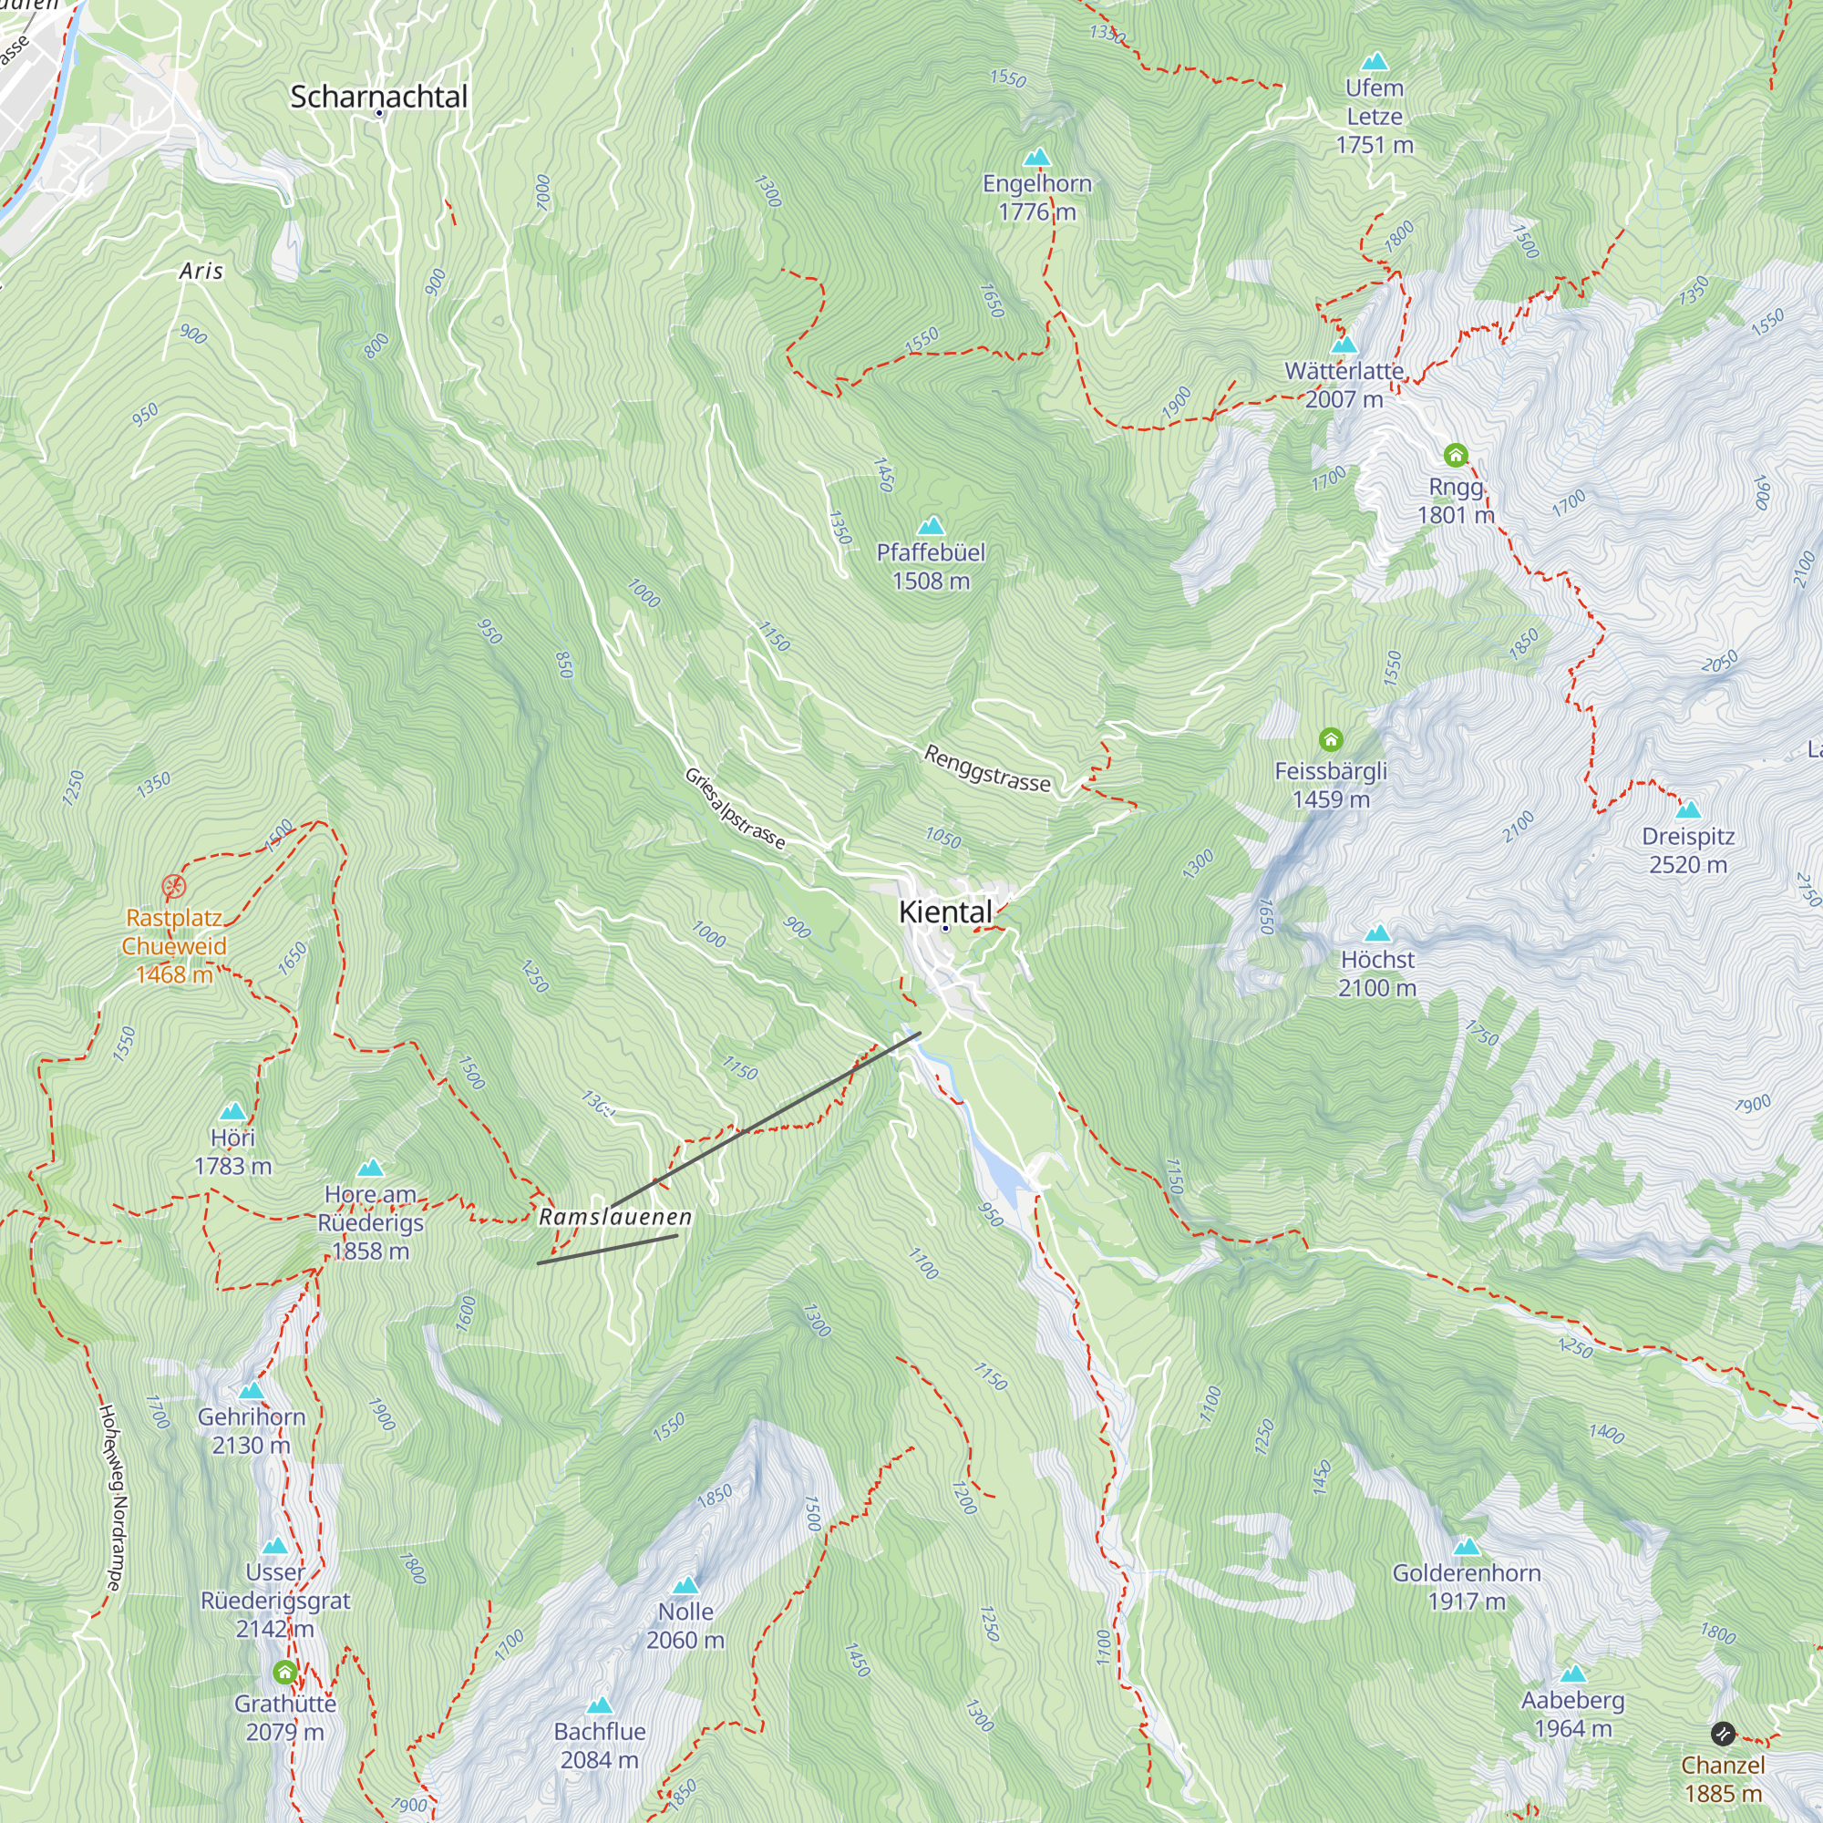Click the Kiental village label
(944, 911)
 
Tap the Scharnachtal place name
(378, 97)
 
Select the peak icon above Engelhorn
(1036, 157)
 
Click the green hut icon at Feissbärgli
(1331, 739)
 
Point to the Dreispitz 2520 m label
(1688, 850)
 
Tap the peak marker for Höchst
(1377, 933)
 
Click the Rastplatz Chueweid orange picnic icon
(173, 886)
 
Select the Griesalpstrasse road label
(734, 809)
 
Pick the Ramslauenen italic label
(615, 1217)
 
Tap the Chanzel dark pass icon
(1723, 1734)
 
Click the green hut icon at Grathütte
(285, 1673)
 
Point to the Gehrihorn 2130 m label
(251, 1430)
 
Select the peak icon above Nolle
(686, 1584)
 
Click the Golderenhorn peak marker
(1467, 1547)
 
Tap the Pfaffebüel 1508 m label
(931, 566)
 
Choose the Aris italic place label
(201, 272)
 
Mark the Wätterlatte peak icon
(1344, 345)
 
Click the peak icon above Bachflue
(599, 1705)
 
